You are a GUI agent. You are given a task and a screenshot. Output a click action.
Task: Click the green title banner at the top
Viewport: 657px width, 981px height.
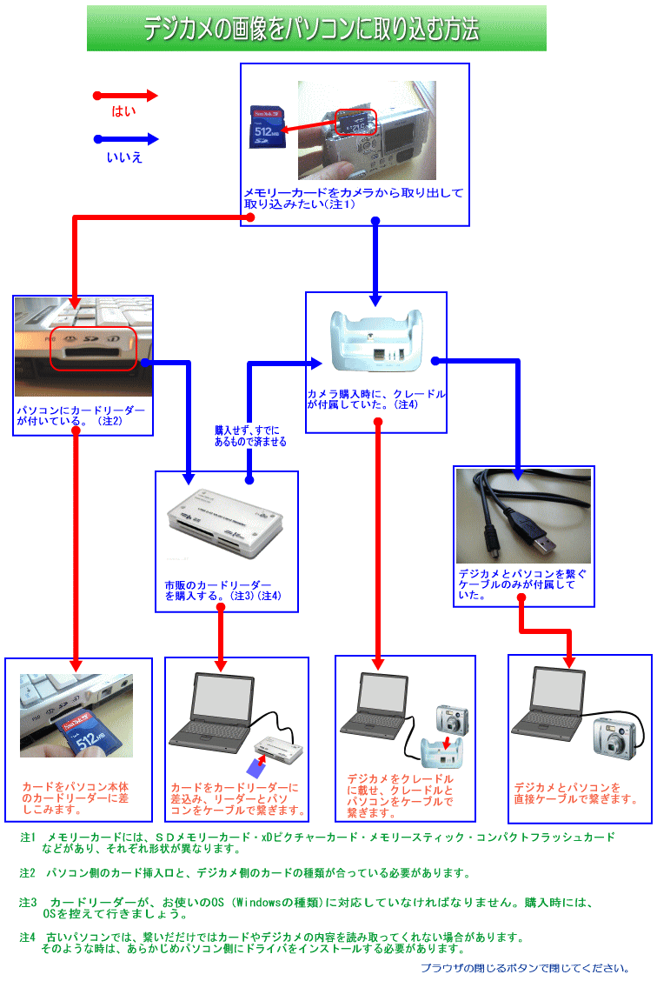(x=316, y=29)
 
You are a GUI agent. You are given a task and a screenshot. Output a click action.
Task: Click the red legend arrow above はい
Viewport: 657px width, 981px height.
(x=126, y=96)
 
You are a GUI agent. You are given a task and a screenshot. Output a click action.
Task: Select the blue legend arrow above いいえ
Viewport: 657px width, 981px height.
(x=126, y=139)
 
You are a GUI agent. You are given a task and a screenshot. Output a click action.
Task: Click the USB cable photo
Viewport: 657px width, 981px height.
(x=524, y=516)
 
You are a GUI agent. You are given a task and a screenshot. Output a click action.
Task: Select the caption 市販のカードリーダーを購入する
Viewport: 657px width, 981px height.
(x=222, y=591)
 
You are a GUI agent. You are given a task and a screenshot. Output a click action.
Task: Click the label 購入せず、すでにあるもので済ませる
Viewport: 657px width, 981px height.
(x=250, y=436)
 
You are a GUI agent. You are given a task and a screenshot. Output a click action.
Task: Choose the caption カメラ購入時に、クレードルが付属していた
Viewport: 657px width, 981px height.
(x=375, y=399)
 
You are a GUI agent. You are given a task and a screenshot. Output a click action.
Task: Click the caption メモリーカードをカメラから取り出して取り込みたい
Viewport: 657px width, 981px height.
(x=353, y=198)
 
